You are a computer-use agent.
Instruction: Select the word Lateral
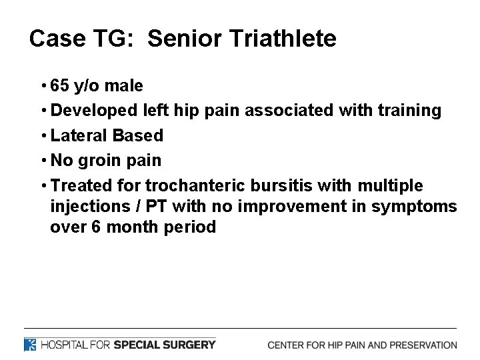79,135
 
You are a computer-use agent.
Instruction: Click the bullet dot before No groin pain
43,160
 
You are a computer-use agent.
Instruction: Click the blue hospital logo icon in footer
31,345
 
